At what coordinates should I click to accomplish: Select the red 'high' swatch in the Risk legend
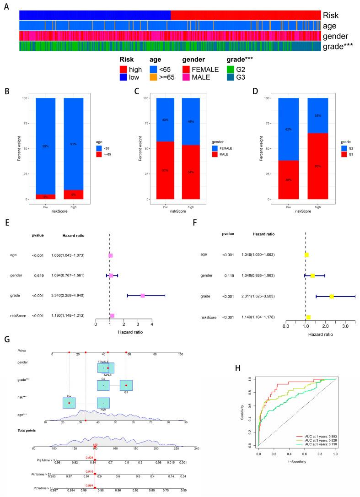point(124,70)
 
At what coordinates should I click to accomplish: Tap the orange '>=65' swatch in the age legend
point(154,78)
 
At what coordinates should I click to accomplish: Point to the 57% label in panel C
point(165,170)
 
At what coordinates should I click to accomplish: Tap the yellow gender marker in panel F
point(312,276)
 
